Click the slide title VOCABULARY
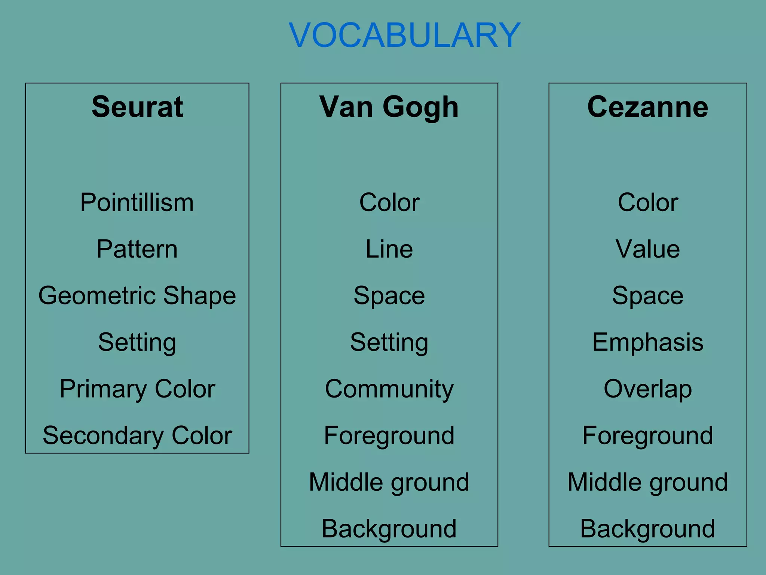404,35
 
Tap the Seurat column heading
137,107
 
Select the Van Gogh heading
389,107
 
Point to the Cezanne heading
647,107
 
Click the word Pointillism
137,203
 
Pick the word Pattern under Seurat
137,249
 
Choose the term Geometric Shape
137,296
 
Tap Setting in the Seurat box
137,343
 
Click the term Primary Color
137,389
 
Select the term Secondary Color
137,435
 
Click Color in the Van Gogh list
389,203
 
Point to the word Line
389,249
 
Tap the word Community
389,389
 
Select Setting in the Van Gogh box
389,343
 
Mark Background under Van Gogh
389,529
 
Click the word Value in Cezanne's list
647,249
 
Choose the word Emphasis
647,342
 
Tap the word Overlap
647,389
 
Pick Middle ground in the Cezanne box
647,482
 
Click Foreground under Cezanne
647,435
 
